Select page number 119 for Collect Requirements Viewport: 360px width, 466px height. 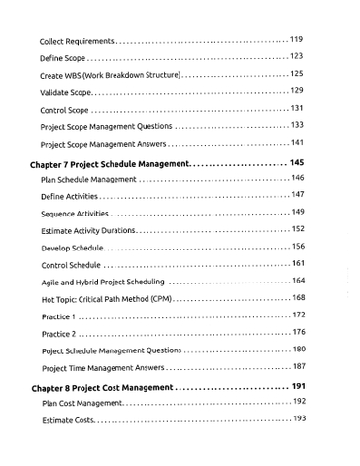tap(297, 40)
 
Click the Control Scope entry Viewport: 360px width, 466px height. tap(67, 110)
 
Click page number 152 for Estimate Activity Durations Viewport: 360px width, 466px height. tap(298, 229)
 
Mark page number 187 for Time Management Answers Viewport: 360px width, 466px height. tap(298, 367)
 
